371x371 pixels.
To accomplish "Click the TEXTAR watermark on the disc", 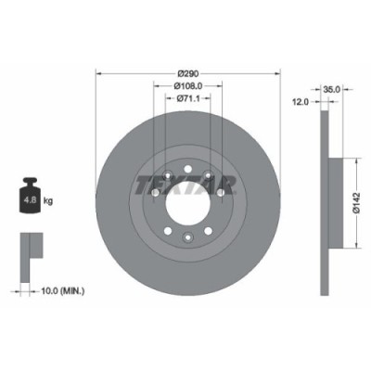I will [x=185, y=182].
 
